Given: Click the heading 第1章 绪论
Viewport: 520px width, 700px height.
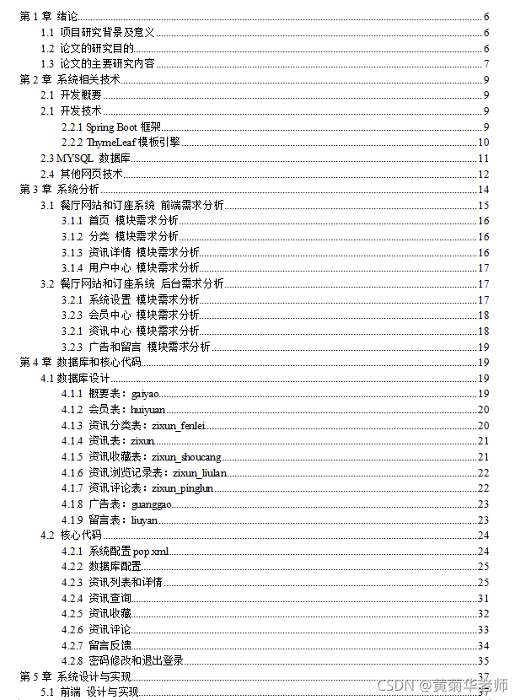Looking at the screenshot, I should pos(49,16).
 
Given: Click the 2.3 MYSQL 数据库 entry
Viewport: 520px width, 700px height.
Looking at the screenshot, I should pos(85,159).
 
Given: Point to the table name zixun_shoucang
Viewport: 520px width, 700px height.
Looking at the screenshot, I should pos(186,457).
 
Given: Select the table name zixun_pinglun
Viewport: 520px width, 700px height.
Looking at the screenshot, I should pos(183,488).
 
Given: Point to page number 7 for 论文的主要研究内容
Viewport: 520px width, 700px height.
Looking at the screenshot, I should pos(486,63).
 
